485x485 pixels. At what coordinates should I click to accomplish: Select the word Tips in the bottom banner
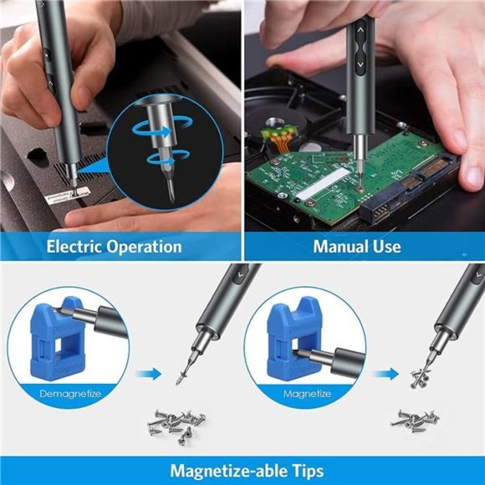tap(302, 470)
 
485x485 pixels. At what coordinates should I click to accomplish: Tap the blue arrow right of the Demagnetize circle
tap(147, 375)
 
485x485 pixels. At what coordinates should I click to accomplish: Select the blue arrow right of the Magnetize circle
tap(385, 375)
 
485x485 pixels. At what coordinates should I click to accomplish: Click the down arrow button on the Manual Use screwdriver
tap(360, 64)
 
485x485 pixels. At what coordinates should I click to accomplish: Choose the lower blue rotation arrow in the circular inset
tap(159, 159)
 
